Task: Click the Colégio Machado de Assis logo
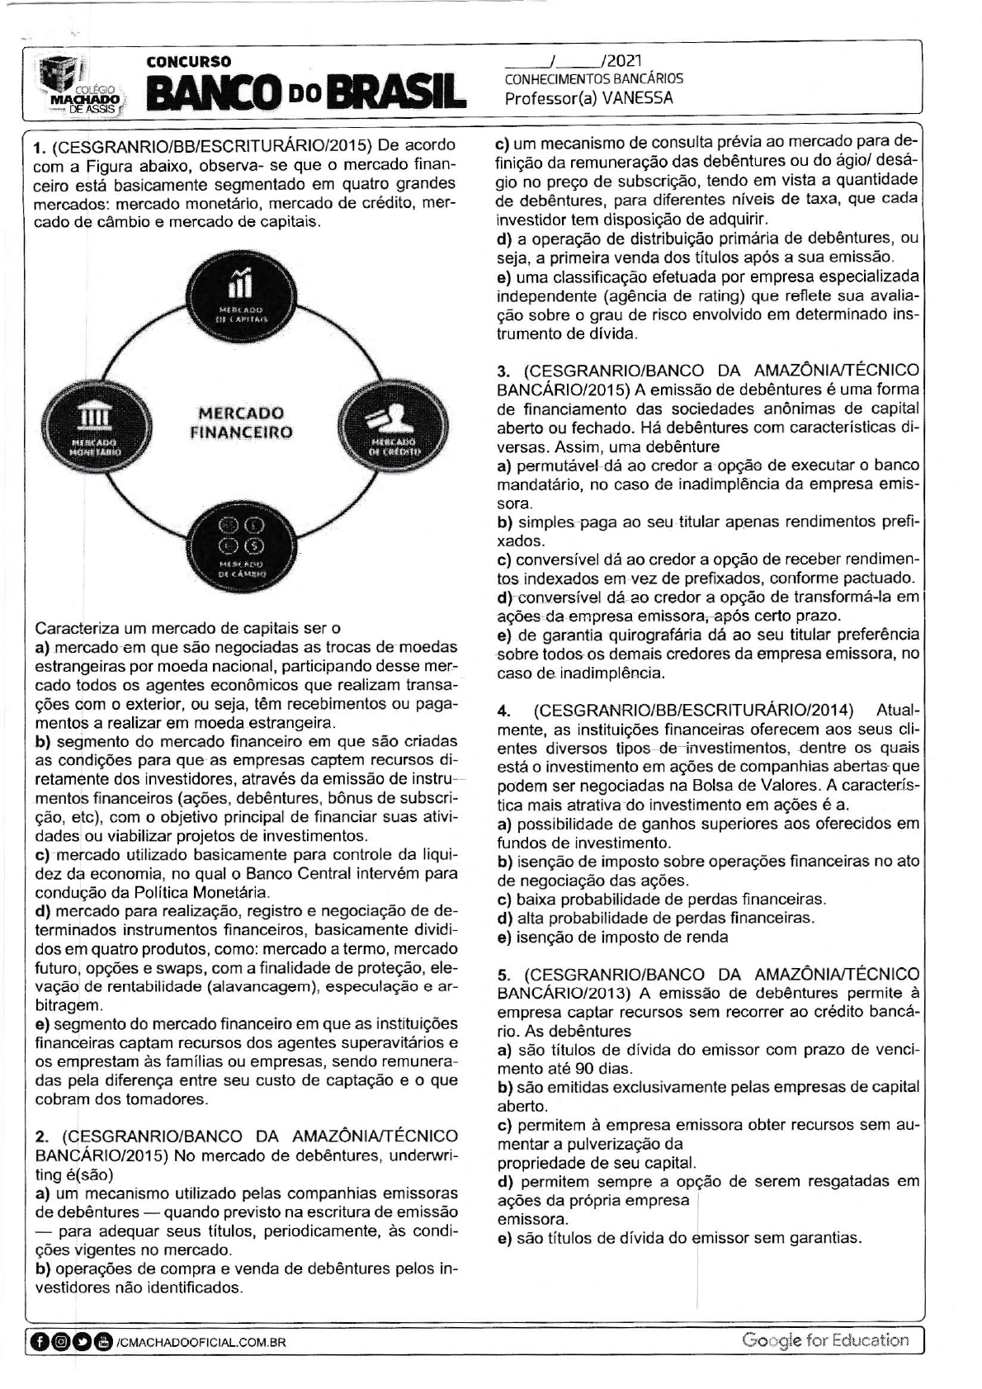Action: tap(81, 86)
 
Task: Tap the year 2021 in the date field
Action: tap(623, 61)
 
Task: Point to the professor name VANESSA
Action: tap(638, 98)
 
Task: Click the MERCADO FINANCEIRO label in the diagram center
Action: tap(241, 422)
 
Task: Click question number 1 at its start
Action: tap(38, 149)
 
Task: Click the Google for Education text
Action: tap(824, 1340)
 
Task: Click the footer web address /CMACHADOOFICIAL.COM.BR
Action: tap(201, 1343)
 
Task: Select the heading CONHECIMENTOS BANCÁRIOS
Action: tap(593, 79)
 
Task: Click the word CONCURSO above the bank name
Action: tap(188, 62)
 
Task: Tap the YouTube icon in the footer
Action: tap(104, 1342)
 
